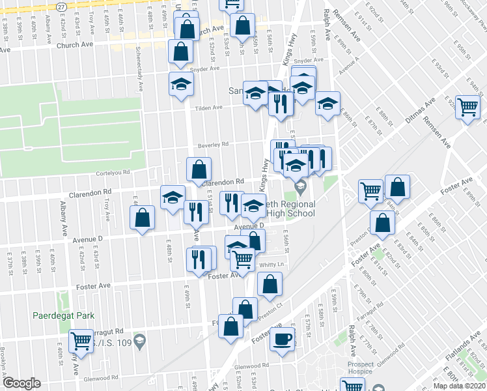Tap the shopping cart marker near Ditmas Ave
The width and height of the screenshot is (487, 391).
tap(468, 108)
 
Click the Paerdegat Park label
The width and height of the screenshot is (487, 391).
tap(63, 315)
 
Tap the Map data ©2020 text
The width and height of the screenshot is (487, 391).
tap(458, 386)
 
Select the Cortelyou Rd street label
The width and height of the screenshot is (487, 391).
tap(113, 173)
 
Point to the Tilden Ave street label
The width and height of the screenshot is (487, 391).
tap(208, 108)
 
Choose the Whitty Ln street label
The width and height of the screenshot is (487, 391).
tap(272, 265)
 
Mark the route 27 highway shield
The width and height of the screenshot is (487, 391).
tap(61, 5)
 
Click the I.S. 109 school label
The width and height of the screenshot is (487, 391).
tap(111, 341)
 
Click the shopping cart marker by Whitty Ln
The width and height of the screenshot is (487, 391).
tap(243, 259)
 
